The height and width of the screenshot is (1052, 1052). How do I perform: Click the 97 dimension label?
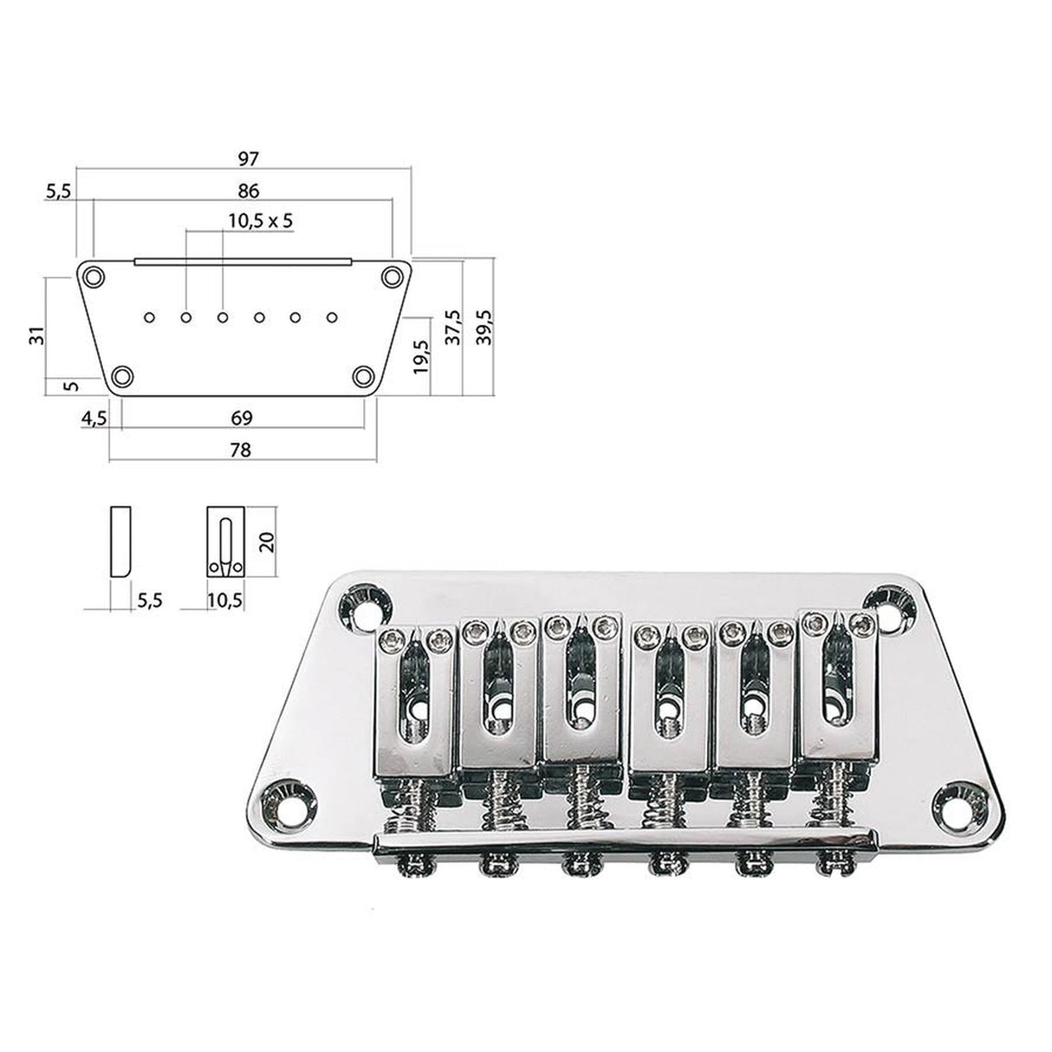[249, 159]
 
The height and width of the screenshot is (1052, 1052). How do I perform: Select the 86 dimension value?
[249, 190]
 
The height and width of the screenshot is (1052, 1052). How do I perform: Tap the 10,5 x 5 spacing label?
[261, 220]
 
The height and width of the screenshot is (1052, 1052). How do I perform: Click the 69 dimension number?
[242, 418]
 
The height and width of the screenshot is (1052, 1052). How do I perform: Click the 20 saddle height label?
[267, 542]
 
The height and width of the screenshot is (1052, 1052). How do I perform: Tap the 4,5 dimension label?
[93, 418]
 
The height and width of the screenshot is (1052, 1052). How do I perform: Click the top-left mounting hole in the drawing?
[93, 276]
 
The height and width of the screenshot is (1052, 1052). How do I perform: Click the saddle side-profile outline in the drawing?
[120, 542]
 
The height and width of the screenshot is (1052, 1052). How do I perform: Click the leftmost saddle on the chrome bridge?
[416, 693]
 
